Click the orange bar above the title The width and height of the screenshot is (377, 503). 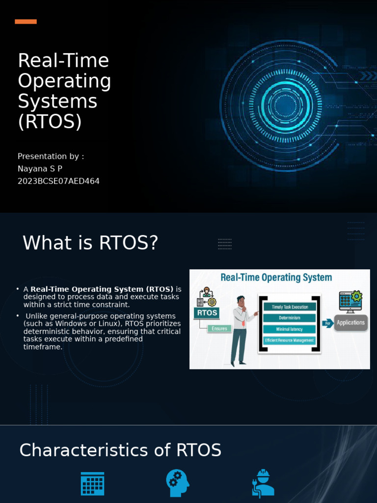(x=26, y=22)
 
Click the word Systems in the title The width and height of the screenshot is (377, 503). (x=57, y=102)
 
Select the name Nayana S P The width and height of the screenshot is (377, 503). (x=40, y=168)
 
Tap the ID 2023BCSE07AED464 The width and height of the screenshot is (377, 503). (x=58, y=181)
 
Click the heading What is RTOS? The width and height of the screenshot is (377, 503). (x=90, y=243)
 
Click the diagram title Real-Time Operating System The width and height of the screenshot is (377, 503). (x=276, y=278)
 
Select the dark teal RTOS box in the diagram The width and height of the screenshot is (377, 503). (x=207, y=312)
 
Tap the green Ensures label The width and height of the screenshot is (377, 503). (x=219, y=328)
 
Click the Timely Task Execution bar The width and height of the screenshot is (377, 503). (x=290, y=307)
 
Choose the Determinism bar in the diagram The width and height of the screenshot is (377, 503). (x=290, y=318)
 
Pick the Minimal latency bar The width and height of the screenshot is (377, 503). (x=290, y=329)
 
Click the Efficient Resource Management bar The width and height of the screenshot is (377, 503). (x=290, y=340)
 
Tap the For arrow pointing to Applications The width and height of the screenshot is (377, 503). (x=328, y=323)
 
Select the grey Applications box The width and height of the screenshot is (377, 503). (x=351, y=323)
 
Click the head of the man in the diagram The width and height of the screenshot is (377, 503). (x=241, y=300)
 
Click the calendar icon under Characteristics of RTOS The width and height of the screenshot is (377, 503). (x=92, y=484)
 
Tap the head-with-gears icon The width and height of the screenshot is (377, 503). (x=177, y=483)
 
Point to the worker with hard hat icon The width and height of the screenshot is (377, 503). (x=263, y=483)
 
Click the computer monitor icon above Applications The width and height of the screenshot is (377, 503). (x=350, y=302)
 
